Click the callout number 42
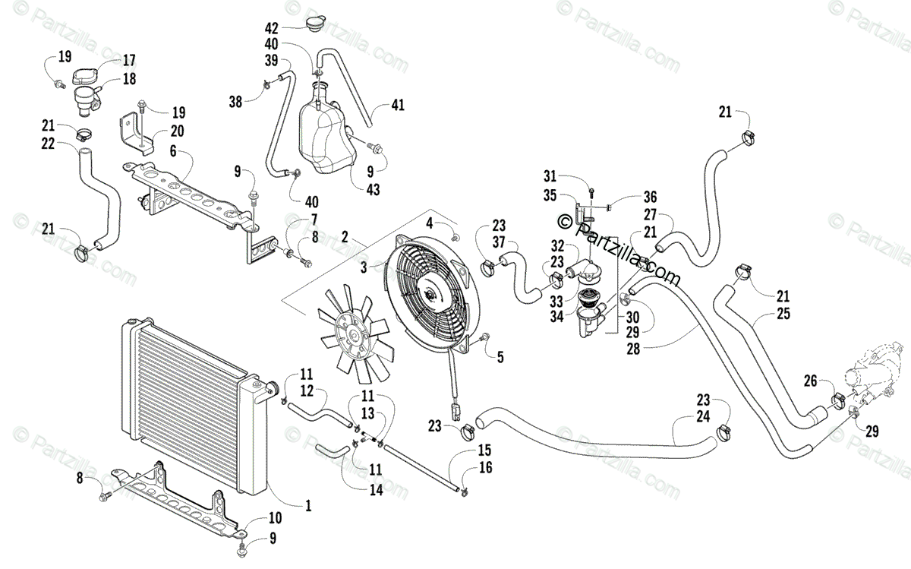coord(271,29)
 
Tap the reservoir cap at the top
coord(315,22)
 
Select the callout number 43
coord(373,190)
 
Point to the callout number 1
coord(308,505)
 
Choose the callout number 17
coord(128,61)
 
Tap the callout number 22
coord(48,144)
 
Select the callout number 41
coord(398,105)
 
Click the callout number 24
coord(703,416)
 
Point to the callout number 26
coord(810,381)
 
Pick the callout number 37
coord(499,242)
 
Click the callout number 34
coord(556,317)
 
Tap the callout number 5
coord(500,357)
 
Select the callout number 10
coord(276,518)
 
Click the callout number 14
coord(377,490)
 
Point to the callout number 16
coord(486,468)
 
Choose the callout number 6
coord(173,151)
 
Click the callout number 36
coord(650,197)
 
